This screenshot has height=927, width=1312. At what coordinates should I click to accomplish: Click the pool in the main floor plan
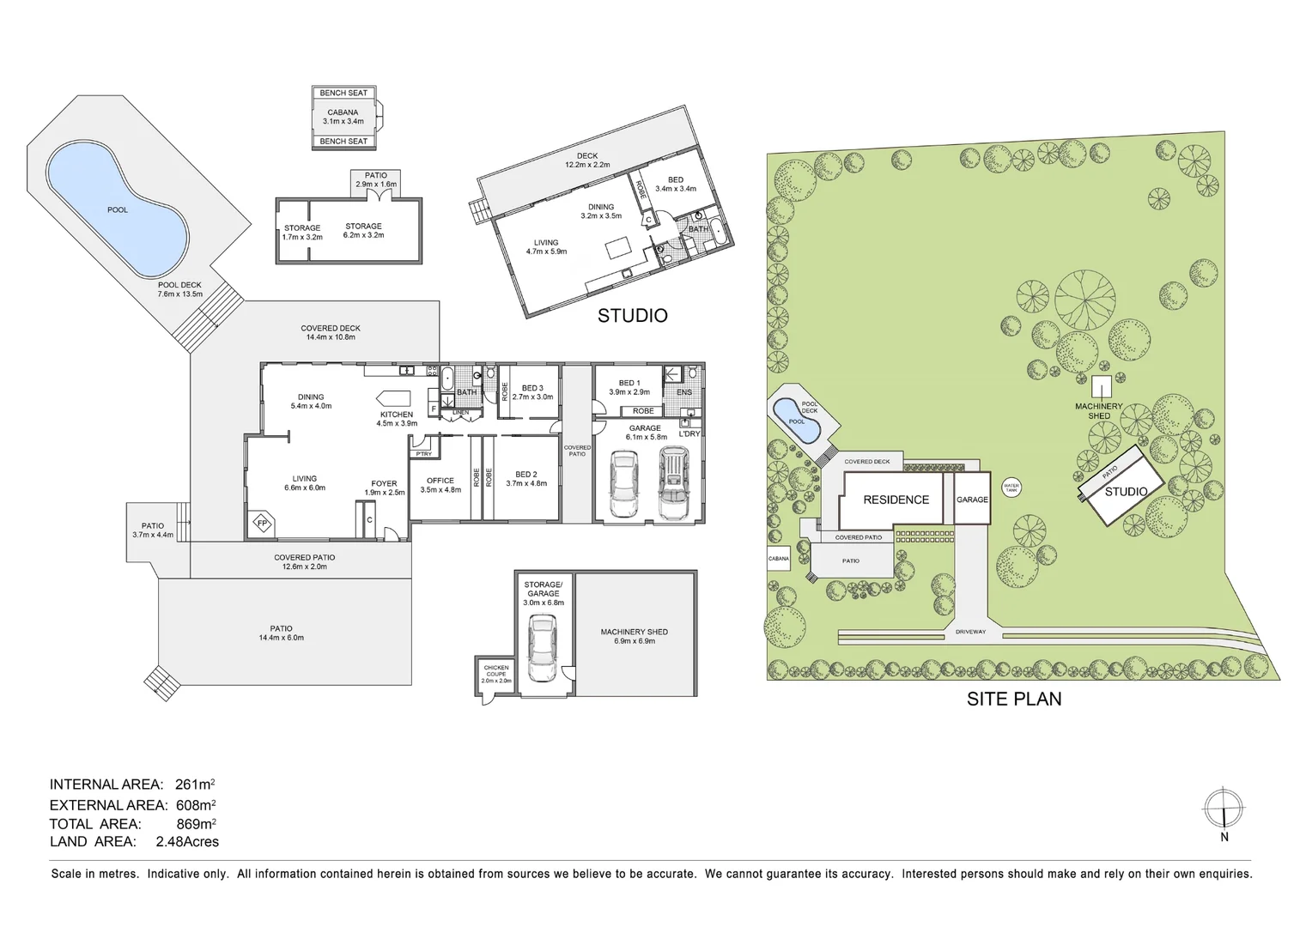pyautogui.click(x=117, y=210)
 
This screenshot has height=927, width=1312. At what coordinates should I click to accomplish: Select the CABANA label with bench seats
pyautogui.click(x=343, y=117)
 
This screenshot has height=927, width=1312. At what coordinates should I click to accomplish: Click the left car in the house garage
pyautogui.click(x=623, y=485)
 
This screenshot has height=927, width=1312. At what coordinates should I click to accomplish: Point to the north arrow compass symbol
pyautogui.click(x=1224, y=809)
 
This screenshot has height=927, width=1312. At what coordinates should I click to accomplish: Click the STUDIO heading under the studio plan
pyautogui.click(x=632, y=316)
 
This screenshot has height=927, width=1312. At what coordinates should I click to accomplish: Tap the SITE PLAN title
pyautogui.click(x=1014, y=699)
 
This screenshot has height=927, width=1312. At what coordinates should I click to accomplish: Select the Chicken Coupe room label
pyautogui.click(x=496, y=673)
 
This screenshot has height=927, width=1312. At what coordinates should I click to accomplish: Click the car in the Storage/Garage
pyautogui.click(x=543, y=648)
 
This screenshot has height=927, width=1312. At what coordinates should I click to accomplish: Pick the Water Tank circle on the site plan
pyautogui.click(x=1011, y=488)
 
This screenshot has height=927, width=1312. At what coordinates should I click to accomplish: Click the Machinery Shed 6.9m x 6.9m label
pyautogui.click(x=635, y=636)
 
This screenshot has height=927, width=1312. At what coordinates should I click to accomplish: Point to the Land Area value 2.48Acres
pyautogui.click(x=187, y=841)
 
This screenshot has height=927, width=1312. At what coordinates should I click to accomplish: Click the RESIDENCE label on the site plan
pyautogui.click(x=896, y=500)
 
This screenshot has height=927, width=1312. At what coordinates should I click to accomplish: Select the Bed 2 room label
pyautogui.click(x=526, y=478)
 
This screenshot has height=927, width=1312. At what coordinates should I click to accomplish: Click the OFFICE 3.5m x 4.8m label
pyautogui.click(x=440, y=485)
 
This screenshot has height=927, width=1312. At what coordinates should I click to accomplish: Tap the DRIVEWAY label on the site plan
pyautogui.click(x=970, y=632)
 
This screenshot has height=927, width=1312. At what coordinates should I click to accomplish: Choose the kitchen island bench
pyautogui.click(x=395, y=398)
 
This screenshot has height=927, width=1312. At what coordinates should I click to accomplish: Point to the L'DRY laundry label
pyautogui.click(x=689, y=433)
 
